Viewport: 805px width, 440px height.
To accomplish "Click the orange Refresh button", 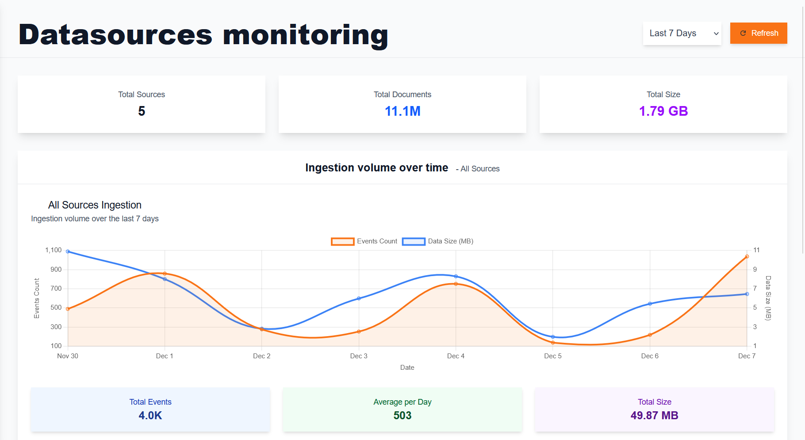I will pos(758,33).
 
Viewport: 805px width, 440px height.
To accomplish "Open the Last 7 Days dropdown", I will pos(682,34).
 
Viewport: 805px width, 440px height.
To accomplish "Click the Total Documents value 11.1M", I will pos(402,111).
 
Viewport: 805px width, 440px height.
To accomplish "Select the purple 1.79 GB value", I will pos(663,111).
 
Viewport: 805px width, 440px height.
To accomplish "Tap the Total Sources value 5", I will pos(142,111).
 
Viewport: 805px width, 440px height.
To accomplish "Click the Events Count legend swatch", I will pos(342,241).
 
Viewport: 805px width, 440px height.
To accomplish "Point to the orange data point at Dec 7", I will pos(747,257).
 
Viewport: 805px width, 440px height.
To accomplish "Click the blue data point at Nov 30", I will pos(68,251).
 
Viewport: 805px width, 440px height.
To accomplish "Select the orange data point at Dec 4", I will pos(456,284).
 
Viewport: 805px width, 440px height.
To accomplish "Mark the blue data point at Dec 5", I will pos(553,337).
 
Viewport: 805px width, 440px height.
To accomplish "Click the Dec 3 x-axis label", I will pos(358,356).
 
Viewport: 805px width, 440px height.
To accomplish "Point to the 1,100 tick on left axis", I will pos(54,250).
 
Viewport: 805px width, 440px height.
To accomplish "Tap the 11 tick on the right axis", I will pos(756,250).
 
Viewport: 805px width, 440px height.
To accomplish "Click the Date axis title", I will pos(407,368).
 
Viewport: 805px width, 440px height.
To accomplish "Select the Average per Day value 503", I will pos(402,416).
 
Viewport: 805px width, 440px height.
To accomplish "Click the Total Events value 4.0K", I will pos(150,416).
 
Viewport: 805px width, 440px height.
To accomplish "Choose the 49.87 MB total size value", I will pos(654,416).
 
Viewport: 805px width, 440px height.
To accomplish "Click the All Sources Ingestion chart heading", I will pos(95,205).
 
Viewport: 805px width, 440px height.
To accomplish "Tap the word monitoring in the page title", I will pos(305,35).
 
